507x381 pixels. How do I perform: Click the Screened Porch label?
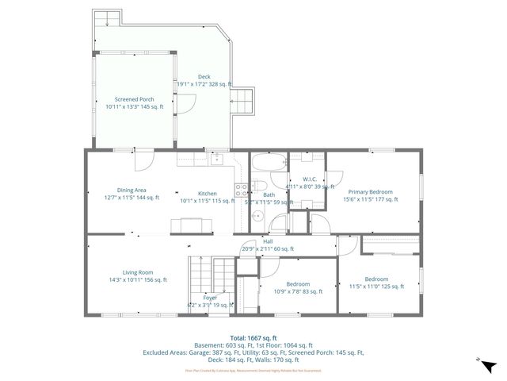135,99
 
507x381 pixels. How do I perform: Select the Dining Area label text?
132,190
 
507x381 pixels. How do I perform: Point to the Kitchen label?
207,194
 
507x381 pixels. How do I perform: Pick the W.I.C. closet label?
309,179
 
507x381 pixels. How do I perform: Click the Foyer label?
210,298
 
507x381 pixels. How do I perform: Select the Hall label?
268,241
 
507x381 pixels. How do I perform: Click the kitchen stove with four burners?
241,190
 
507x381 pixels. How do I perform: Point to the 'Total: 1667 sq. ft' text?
253,337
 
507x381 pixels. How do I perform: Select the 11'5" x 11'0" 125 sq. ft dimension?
376,288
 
